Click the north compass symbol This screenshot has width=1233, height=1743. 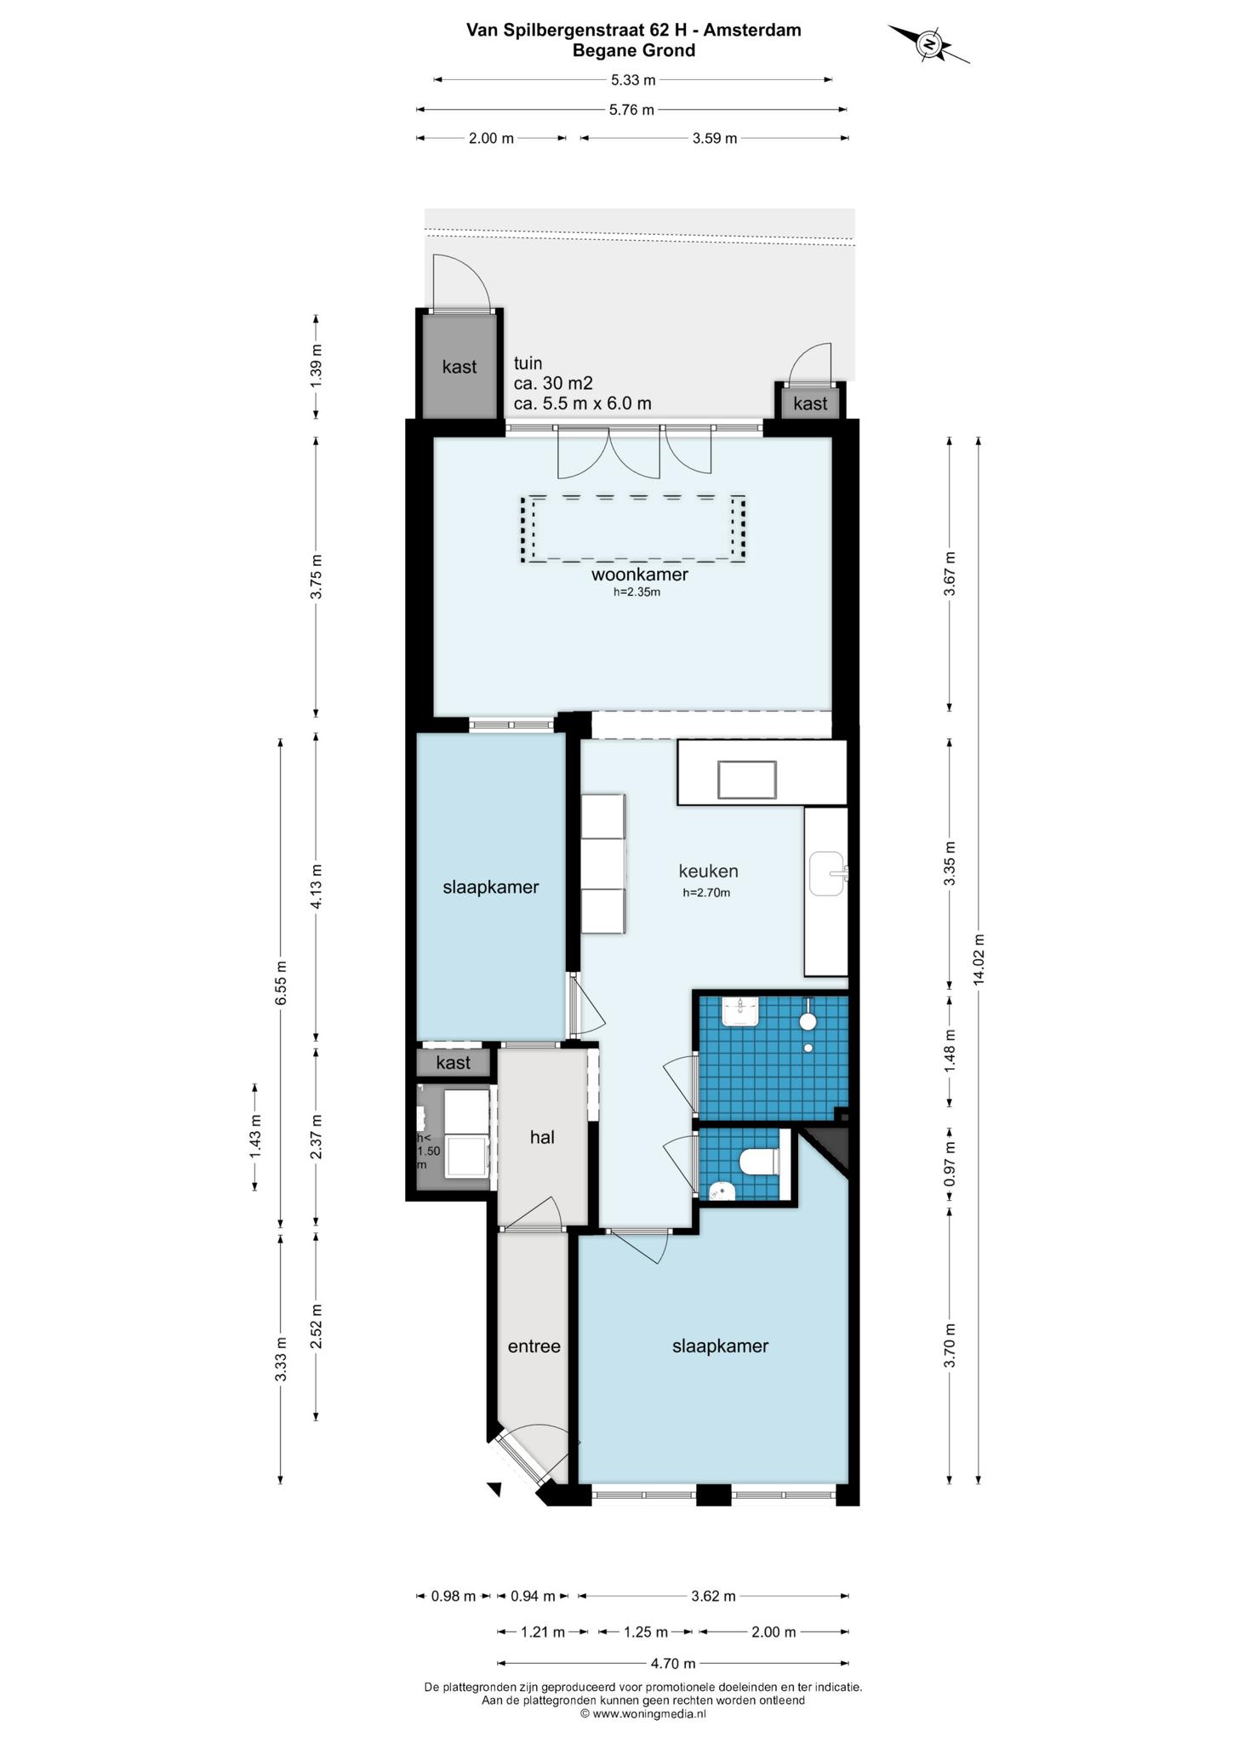[x=929, y=43]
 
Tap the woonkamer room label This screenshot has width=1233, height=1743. [x=640, y=574]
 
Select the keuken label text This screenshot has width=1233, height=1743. [x=708, y=871]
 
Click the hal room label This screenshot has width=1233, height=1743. [x=542, y=1137]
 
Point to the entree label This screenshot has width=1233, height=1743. [x=534, y=1346]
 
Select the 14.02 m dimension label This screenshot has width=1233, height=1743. [x=979, y=959]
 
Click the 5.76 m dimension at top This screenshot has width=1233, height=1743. [x=631, y=110]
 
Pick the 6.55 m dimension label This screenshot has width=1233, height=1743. [x=281, y=983]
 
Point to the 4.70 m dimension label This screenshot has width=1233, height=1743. [x=673, y=1663]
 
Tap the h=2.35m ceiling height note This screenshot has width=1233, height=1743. [x=636, y=592]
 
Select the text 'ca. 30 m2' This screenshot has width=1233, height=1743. [x=553, y=384]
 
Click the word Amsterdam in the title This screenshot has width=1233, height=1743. [x=753, y=31]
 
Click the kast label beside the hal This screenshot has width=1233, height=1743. [x=453, y=1063]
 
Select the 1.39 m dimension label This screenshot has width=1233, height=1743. [x=317, y=367]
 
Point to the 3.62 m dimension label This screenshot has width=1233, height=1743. [x=713, y=1597]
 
